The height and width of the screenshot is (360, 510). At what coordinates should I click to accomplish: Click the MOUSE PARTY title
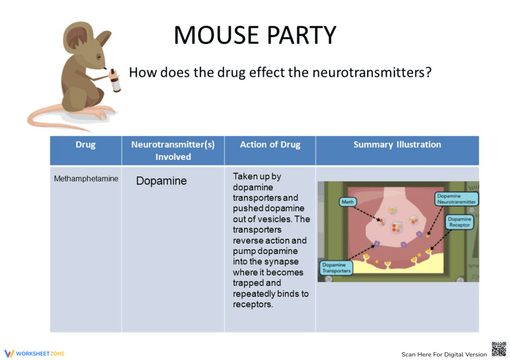click(255, 35)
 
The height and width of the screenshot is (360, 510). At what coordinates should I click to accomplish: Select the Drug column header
click(86, 145)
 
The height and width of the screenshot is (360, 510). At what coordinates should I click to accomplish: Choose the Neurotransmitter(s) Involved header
click(173, 150)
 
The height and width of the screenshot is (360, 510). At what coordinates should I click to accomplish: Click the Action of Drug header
click(270, 145)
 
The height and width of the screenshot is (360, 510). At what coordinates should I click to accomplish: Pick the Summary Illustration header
click(397, 145)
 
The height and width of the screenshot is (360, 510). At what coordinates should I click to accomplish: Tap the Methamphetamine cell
click(86, 179)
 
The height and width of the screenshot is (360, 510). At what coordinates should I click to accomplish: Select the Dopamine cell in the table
click(161, 181)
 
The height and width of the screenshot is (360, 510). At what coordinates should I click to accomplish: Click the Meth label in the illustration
click(347, 202)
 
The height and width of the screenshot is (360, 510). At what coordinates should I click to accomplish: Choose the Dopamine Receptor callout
click(460, 222)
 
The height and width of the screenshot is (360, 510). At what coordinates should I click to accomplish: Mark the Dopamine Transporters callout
click(336, 268)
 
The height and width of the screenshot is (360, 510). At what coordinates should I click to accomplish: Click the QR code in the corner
click(498, 349)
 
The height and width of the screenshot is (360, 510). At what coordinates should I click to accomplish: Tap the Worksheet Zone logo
click(35, 353)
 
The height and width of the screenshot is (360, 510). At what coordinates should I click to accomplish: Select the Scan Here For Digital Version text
click(444, 354)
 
